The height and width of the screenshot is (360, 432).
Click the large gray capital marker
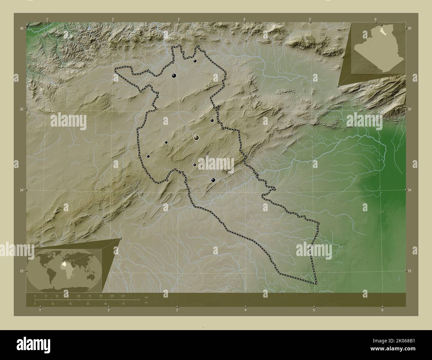click(196, 137)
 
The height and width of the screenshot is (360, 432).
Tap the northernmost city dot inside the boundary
click(195, 61)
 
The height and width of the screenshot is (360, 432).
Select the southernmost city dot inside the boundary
click(213, 180)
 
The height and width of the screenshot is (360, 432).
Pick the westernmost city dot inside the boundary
click(148, 156)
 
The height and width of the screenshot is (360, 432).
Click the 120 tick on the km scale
click(123, 296)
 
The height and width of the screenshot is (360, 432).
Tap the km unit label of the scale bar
click(147, 297)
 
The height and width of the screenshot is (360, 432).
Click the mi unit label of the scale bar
click(146, 303)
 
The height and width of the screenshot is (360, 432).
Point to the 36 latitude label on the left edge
click(21, 29)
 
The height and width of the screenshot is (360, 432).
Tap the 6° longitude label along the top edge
click(376, 19)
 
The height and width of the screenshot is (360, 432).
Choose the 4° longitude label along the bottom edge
click(246, 310)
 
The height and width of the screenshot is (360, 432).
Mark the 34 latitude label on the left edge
click(21, 190)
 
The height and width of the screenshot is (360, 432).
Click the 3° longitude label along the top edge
click(178, 19)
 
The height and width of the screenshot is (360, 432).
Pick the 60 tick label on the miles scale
click(106, 304)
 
